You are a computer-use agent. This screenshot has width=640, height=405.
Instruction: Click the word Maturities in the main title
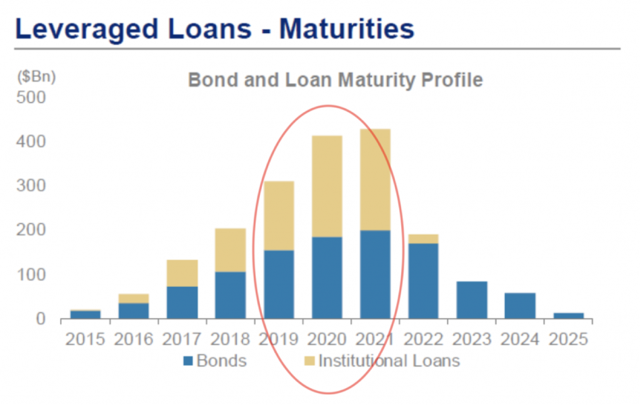tap(346, 29)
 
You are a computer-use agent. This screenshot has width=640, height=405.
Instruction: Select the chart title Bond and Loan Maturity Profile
tap(335, 80)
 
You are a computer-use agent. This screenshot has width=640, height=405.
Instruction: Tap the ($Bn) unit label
tap(36, 76)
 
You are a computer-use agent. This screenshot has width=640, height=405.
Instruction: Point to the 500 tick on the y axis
tap(31, 97)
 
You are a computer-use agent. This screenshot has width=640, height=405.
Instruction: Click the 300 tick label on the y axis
tap(31, 186)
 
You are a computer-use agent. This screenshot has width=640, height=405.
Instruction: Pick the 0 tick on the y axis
tap(41, 319)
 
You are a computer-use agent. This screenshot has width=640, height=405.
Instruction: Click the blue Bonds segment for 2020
tap(327, 278)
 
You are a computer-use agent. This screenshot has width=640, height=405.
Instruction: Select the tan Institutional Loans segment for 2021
tap(375, 180)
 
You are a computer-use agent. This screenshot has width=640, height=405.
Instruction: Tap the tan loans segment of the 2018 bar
tap(231, 250)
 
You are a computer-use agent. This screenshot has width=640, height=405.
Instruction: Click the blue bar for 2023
tap(472, 300)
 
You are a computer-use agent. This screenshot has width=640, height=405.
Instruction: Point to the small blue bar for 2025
tap(569, 316)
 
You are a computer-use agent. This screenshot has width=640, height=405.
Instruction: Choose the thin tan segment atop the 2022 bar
tap(423, 239)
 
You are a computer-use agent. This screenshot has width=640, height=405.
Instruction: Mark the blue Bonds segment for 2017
tap(182, 303)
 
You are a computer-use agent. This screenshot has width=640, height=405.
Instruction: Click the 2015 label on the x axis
tap(85, 340)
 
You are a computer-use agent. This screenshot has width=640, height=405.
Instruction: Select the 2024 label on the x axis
tap(520, 340)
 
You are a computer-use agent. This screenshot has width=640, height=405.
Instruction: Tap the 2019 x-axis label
tap(279, 340)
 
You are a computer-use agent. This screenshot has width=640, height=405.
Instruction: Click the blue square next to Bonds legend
tap(188, 361)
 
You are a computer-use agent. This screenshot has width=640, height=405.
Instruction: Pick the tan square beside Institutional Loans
tap(310, 361)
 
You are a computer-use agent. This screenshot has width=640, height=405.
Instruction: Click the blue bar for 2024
tap(520, 306)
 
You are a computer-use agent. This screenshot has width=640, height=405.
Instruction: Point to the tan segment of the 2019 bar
tap(279, 216)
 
